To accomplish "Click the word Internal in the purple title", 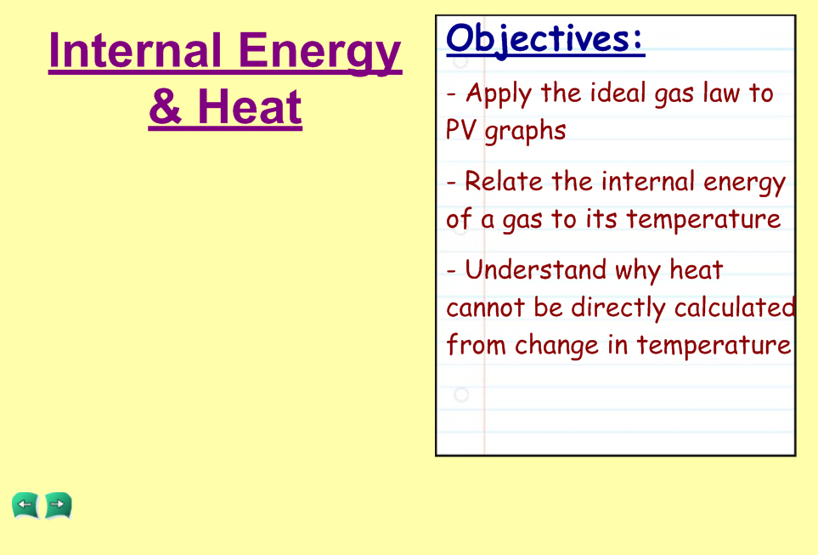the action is [135, 50].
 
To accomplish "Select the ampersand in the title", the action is [166, 106].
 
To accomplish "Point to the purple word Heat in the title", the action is [250, 106].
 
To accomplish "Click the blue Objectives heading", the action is [545, 39].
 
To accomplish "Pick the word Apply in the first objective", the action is [499, 94].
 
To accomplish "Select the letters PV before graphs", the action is [461, 130].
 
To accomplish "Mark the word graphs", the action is [525, 132].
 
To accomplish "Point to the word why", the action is [637, 272].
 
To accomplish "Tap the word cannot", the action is [485, 308].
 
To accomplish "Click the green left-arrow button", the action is [25, 505].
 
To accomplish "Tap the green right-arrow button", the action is [58, 505].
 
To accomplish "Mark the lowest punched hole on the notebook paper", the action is [461, 394].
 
